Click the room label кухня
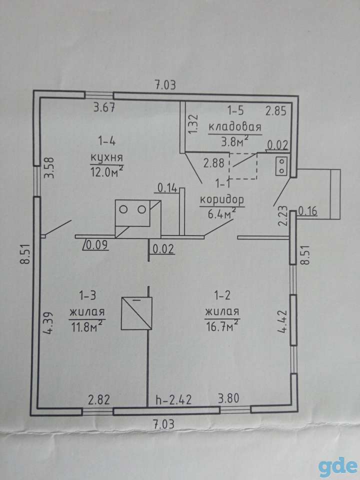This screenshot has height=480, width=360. [x=106, y=158]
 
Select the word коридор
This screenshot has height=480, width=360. [x=222, y=200]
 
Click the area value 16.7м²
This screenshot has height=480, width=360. [x=222, y=327]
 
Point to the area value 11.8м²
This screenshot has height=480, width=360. [x=86, y=327]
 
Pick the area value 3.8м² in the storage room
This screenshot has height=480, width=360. [x=234, y=141]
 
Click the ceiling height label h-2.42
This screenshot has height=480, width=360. [x=173, y=400]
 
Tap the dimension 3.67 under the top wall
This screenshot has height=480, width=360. [x=104, y=108]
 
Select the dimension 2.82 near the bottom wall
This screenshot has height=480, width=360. [x=99, y=400]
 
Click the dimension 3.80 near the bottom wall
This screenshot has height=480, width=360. [x=228, y=398]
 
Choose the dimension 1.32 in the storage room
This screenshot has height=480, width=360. [x=193, y=124]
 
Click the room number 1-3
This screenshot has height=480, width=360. [x=88, y=295]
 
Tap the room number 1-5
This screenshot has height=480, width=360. [x=235, y=110]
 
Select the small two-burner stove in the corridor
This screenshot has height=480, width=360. [x=281, y=166]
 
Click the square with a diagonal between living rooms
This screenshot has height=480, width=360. [x=136, y=313]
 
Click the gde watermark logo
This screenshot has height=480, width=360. [x=337, y=465]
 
